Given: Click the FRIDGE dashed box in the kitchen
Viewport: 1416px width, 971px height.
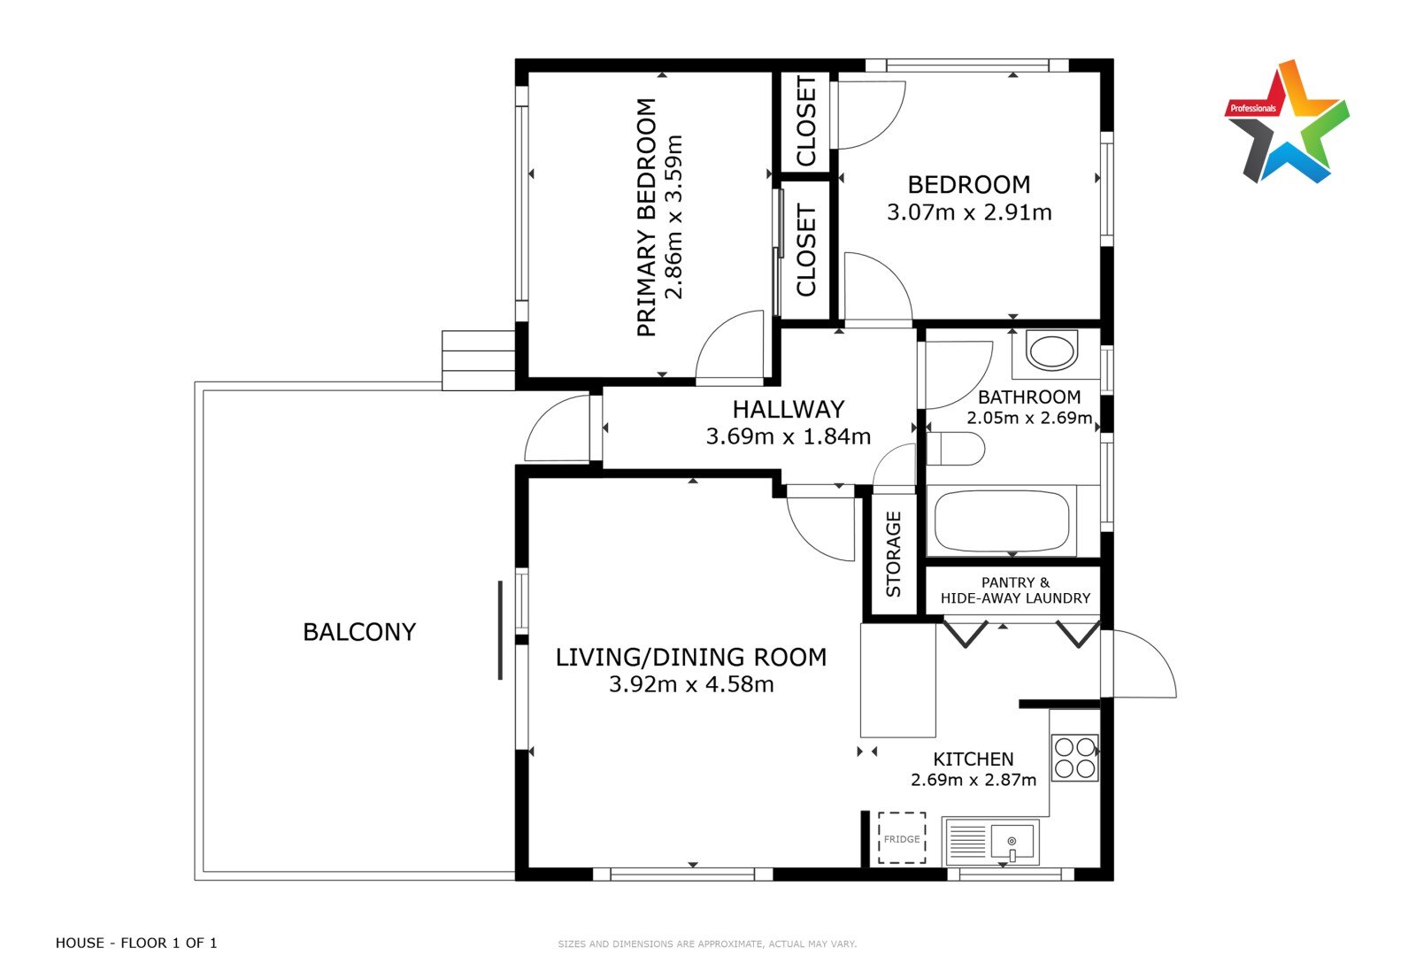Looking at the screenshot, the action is pyautogui.click(x=902, y=838).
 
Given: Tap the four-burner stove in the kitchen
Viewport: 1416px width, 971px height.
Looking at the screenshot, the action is pyautogui.click(x=1074, y=758).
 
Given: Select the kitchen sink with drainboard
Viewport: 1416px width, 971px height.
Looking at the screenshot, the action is pyautogui.click(x=990, y=842).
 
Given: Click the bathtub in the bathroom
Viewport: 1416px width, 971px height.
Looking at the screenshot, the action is pyautogui.click(x=1001, y=520).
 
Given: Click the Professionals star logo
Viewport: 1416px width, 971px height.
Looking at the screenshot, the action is pyautogui.click(x=1287, y=121).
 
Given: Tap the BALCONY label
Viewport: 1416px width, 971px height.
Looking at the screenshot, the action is pyautogui.click(x=359, y=632).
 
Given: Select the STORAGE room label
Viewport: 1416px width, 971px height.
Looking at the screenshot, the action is pyautogui.click(x=893, y=554).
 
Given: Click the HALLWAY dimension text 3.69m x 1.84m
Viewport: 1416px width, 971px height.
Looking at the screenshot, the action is pyautogui.click(x=789, y=436).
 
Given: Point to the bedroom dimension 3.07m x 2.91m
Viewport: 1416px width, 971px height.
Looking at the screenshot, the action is pyautogui.click(x=969, y=212).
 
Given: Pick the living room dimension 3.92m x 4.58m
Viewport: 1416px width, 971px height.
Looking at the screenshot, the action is pyautogui.click(x=691, y=684).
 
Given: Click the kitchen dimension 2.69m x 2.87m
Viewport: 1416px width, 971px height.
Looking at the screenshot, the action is pyautogui.click(x=973, y=780).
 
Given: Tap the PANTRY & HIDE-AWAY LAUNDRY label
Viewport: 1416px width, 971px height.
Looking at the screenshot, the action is pyautogui.click(x=1015, y=590).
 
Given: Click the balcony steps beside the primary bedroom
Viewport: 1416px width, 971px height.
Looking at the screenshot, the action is pyautogui.click(x=478, y=360).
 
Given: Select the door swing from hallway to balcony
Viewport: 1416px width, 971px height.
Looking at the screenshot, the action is pyautogui.click(x=557, y=428).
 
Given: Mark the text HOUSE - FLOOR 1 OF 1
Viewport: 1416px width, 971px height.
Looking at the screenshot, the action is pyautogui.click(x=136, y=943).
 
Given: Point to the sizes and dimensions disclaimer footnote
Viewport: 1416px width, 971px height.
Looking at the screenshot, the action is pyautogui.click(x=707, y=944).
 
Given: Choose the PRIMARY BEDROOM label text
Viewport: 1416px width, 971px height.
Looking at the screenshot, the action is pyautogui.click(x=646, y=218).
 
